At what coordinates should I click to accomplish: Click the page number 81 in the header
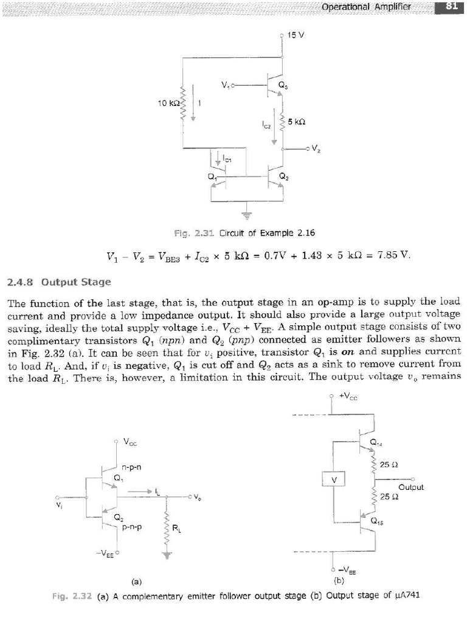(x=451, y=7)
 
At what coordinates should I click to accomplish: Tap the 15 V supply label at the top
(x=296, y=35)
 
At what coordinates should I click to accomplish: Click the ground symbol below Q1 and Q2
(x=247, y=213)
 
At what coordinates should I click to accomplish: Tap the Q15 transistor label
(x=377, y=521)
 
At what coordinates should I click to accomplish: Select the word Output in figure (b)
(x=412, y=487)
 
